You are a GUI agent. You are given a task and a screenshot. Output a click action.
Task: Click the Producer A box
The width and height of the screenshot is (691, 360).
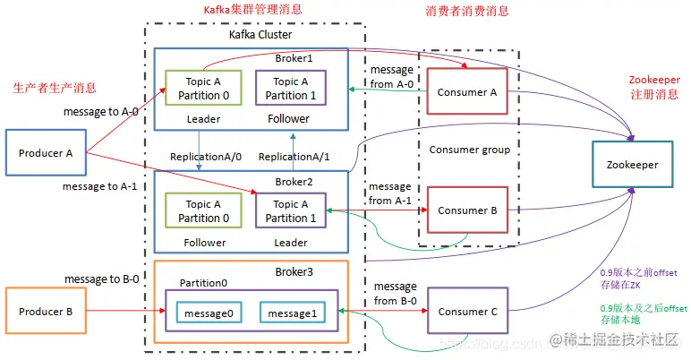point(46,152)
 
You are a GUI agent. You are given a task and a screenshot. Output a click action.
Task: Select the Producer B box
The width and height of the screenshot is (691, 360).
point(46,313)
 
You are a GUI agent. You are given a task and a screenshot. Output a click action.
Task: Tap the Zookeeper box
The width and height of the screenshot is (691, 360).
point(631,165)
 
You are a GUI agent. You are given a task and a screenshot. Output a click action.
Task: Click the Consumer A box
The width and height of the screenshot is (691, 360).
point(466,92)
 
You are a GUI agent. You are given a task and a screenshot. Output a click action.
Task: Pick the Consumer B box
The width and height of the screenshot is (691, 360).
point(466,211)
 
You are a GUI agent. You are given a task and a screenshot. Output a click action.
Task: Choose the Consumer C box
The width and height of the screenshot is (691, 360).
point(466,313)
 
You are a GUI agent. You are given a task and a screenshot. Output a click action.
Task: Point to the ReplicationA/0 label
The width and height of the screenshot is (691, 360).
point(206,157)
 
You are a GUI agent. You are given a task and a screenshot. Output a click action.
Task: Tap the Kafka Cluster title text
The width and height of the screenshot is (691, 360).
point(255,35)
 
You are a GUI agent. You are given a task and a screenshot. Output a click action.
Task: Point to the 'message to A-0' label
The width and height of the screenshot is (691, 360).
point(101,112)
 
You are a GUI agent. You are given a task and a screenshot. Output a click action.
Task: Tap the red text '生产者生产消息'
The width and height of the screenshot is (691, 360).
point(54,88)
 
